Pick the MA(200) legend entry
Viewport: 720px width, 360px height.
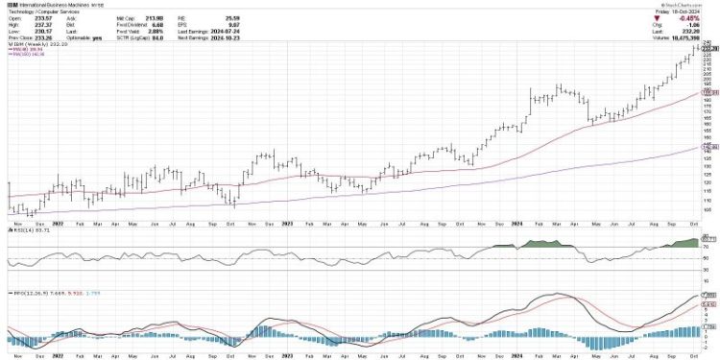pos(23,54)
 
